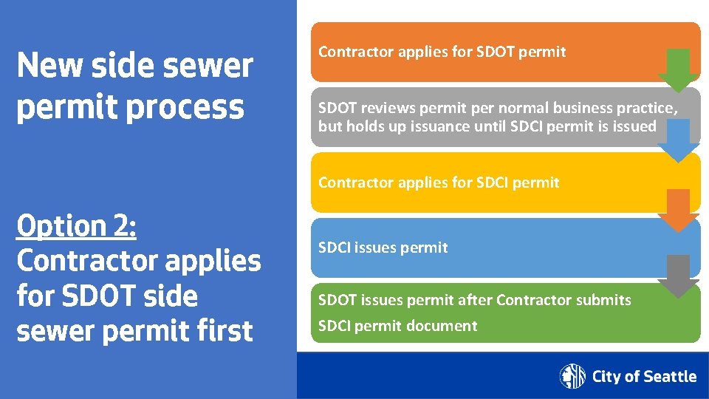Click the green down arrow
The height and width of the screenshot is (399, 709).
(679, 70)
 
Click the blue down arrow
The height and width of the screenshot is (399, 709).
(679, 140)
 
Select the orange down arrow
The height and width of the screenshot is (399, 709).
(679, 210)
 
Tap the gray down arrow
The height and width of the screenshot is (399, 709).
(679, 276)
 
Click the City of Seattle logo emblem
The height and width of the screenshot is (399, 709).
(572, 376)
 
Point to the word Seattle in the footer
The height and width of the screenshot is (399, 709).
(669, 377)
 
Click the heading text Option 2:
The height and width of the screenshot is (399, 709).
(76, 226)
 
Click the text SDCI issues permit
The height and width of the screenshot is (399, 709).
(383, 248)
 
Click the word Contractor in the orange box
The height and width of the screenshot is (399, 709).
(352, 52)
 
